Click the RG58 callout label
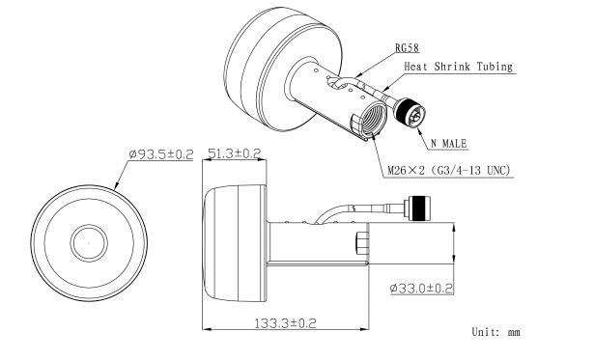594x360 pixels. (408, 48)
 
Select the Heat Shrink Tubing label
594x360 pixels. (459, 67)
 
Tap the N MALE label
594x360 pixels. (449, 144)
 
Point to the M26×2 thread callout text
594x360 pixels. (448, 171)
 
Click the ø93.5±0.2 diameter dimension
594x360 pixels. (161, 154)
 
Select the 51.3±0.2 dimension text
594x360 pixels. (235, 153)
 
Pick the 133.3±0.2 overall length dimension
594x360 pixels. (285, 323)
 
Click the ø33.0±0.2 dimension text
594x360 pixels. (421, 289)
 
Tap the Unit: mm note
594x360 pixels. (495, 332)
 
